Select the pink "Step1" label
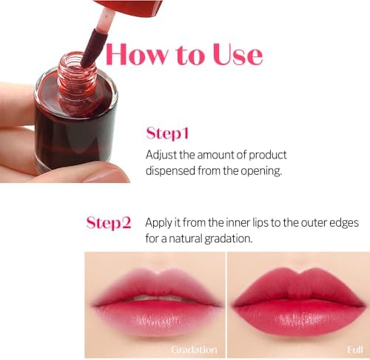click(168, 134)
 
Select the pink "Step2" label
click(109, 222)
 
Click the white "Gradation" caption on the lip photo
click(194, 349)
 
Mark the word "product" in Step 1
click(263, 155)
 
